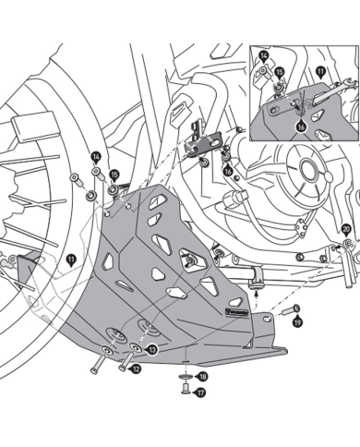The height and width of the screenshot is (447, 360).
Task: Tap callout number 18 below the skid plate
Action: [202, 377]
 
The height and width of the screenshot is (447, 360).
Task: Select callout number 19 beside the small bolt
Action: [297, 322]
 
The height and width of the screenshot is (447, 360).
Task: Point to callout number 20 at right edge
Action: [346, 228]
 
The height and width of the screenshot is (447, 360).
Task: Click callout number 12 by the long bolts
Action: [136, 368]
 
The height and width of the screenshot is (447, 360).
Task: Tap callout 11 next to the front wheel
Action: [71, 261]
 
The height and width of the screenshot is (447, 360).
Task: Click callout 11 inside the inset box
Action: [320, 70]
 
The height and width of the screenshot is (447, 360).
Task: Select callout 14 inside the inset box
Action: [264, 57]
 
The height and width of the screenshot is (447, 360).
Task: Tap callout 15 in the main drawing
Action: [114, 174]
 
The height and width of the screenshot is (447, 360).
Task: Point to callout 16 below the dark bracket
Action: [228, 171]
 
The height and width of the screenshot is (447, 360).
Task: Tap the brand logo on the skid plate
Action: [233, 315]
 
